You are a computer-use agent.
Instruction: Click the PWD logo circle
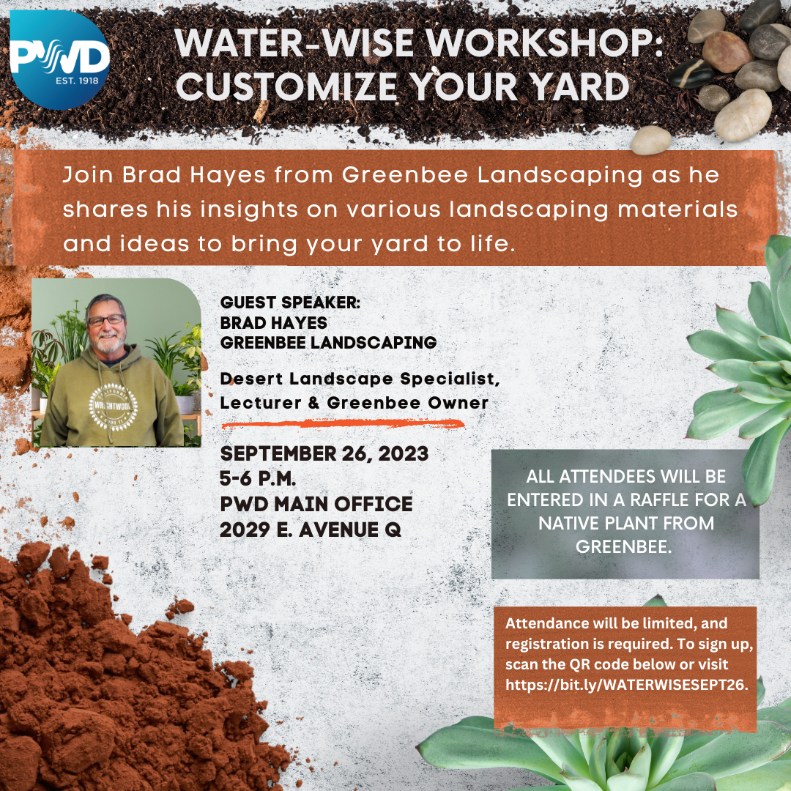(59, 60)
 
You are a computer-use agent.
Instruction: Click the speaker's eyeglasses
(106, 320)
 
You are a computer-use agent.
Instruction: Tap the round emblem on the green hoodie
(113, 406)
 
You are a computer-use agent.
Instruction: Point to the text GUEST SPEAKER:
(290, 302)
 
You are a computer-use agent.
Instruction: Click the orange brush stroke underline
(343, 424)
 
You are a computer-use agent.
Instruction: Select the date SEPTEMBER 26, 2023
(324, 453)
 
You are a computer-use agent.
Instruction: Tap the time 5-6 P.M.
(258, 479)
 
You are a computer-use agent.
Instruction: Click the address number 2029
(245, 530)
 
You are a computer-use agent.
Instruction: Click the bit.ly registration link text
(627, 685)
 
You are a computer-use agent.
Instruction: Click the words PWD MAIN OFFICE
(316, 504)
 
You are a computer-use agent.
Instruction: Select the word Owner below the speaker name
(458, 403)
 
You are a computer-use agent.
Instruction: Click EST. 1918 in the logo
(77, 81)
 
